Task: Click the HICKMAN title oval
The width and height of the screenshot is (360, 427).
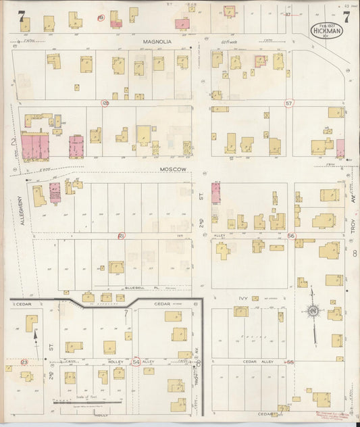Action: (327, 30)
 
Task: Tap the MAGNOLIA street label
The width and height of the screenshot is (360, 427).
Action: (157, 41)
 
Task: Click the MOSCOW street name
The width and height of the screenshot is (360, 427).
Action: (174, 169)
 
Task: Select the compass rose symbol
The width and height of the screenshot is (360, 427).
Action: (312, 311)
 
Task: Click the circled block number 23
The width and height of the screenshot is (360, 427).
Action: (24, 362)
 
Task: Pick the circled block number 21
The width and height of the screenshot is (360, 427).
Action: (122, 236)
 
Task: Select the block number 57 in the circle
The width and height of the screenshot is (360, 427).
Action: (289, 103)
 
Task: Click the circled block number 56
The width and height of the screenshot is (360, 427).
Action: (291, 236)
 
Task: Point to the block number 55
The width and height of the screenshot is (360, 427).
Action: (291, 362)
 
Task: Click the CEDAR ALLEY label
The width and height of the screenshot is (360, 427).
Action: (256, 361)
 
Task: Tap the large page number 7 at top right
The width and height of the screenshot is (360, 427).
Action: (346, 18)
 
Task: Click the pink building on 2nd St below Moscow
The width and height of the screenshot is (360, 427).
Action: (216, 193)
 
